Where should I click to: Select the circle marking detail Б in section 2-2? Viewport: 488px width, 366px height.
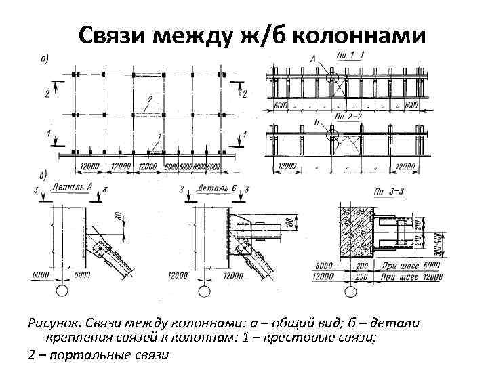[333, 135]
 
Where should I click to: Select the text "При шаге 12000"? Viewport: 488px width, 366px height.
[406, 277]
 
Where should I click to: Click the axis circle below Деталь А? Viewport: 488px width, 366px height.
[62, 291]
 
